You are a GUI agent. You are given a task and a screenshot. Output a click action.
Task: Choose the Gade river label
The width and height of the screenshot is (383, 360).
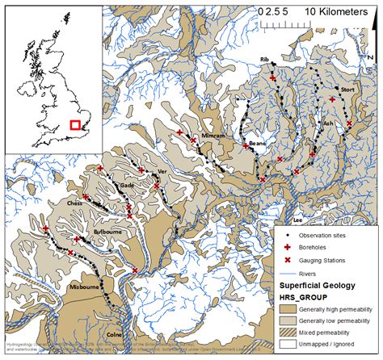click(x=127, y=185)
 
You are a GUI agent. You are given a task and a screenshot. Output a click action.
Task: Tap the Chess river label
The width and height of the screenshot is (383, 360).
click(x=75, y=203)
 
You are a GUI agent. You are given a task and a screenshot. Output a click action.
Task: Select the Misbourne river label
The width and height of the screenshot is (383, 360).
click(x=86, y=287)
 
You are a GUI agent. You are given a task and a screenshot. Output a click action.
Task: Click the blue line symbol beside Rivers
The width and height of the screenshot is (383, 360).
click(x=287, y=274)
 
